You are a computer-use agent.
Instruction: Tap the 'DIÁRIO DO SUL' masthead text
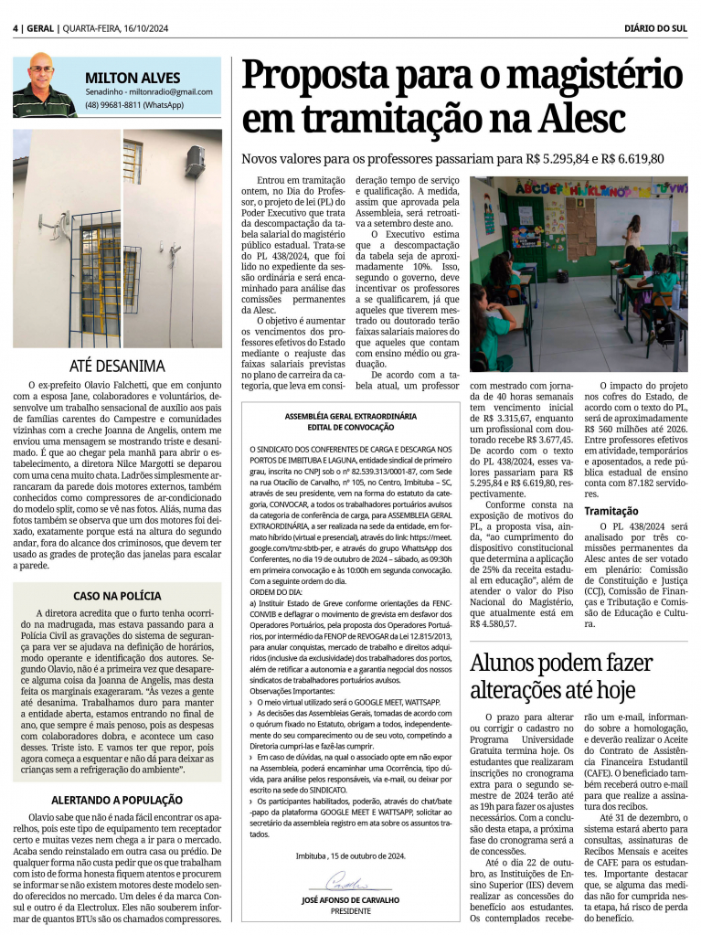tap(655, 28)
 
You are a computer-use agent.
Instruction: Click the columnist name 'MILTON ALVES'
tap(133, 78)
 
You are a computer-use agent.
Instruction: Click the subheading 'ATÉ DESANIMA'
tap(117, 366)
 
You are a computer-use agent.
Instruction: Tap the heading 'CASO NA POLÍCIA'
tap(116, 595)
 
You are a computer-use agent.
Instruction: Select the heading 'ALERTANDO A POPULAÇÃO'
tap(116, 799)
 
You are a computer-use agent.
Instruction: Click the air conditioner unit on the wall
tap(195, 162)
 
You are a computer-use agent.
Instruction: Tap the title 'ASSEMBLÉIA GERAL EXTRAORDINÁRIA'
tap(350, 416)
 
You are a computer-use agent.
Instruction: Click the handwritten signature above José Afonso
tap(337, 885)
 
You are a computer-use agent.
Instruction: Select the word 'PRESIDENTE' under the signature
tap(350, 910)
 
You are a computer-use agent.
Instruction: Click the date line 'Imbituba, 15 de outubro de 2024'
tap(350, 855)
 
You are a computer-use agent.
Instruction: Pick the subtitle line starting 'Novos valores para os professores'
tap(452, 159)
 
